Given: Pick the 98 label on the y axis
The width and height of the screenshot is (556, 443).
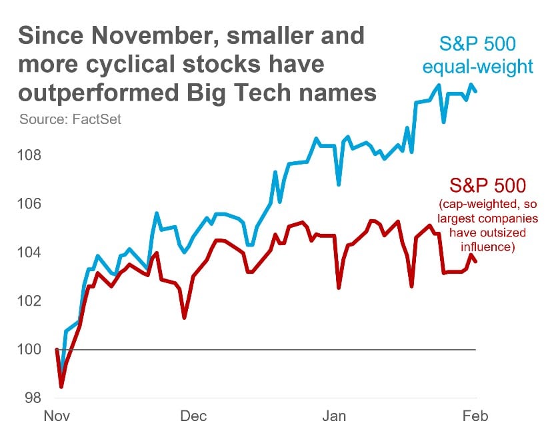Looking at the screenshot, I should click(x=33, y=398).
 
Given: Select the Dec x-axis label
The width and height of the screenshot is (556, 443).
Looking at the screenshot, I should click(x=193, y=417).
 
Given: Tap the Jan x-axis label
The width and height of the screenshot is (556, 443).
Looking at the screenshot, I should click(x=335, y=417).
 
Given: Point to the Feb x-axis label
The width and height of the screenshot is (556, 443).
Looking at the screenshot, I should click(x=475, y=417).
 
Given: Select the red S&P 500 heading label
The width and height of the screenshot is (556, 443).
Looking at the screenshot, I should click(x=487, y=186).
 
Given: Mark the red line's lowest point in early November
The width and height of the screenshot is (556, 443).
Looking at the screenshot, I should click(x=61, y=386).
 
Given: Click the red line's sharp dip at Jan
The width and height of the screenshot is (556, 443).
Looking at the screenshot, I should click(x=339, y=287).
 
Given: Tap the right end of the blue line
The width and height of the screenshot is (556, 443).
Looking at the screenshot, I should click(x=475, y=91).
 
